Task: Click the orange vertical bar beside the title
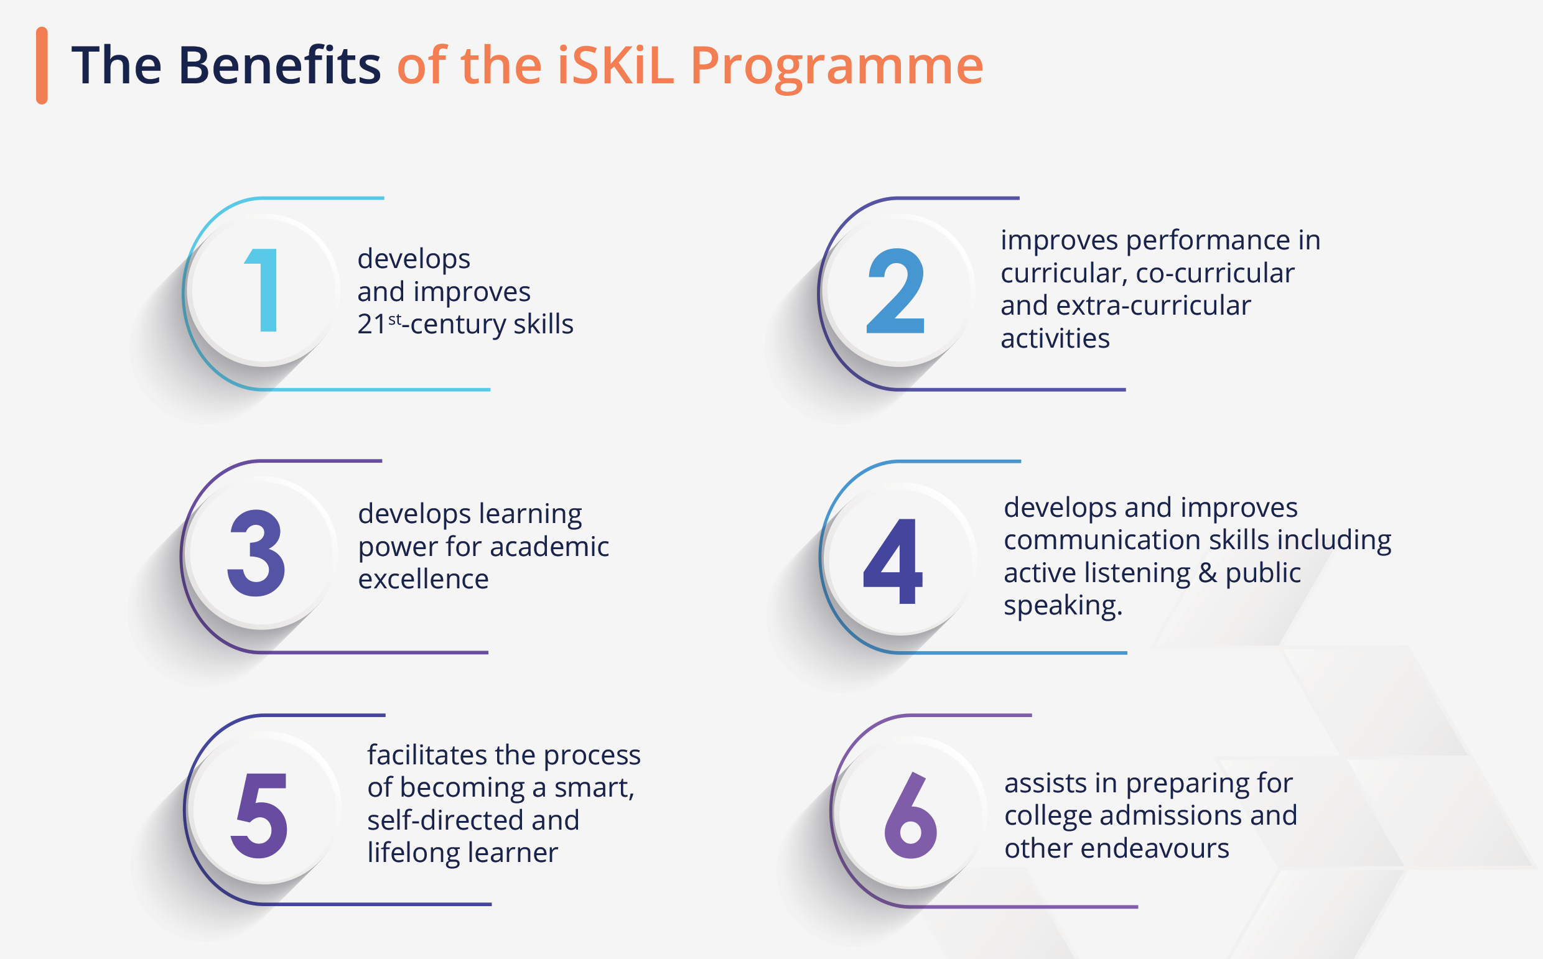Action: coord(42,65)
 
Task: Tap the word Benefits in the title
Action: coord(279,65)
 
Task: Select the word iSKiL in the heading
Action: coord(615,65)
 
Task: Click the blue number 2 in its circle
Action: coord(896,290)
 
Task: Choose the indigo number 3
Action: coord(256,553)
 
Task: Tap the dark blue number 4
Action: coord(893,561)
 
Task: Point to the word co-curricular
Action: coord(1214,274)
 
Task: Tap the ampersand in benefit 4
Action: coord(1208,573)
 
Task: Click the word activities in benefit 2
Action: coord(1055,339)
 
